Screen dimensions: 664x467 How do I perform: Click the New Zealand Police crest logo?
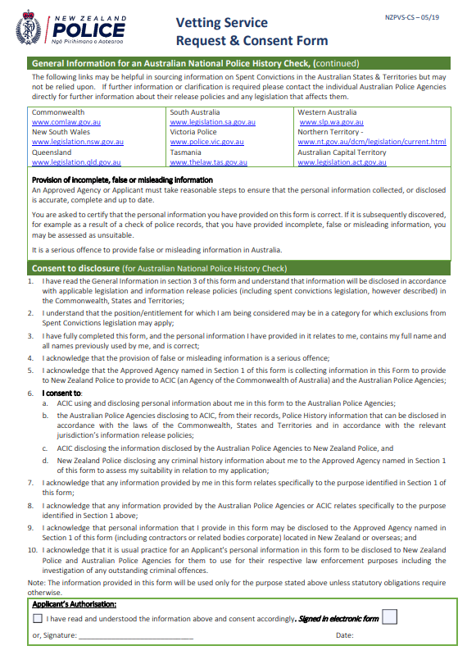pyautogui.click(x=29, y=30)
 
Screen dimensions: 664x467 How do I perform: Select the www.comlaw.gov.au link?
pyautogui.click(x=66, y=122)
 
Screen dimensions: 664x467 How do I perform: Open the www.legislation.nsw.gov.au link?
pyautogui.click(x=78, y=142)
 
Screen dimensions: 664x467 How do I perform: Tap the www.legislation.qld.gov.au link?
pyautogui.click(x=76, y=162)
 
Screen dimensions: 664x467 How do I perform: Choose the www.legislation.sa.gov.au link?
pyautogui.click(x=213, y=122)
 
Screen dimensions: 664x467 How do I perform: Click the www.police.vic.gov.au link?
pyautogui.click(x=208, y=142)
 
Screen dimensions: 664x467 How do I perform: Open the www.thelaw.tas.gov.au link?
pyautogui.click(x=208, y=162)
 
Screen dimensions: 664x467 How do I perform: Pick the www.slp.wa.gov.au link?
pyautogui.click(x=329, y=122)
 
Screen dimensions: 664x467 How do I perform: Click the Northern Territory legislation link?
pyautogui.click(x=371, y=142)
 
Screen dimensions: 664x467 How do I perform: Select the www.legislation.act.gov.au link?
pyautogui.click(x=342, y=162)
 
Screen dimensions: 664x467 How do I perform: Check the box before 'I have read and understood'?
pyautogui.click(x=38, y=619)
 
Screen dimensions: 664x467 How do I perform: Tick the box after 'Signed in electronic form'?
pyautogui.click(x=390, y=616)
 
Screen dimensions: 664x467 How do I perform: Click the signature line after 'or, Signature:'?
pyautogui.click(x=136, y=636)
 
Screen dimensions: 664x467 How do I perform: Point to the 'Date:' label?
pyautogui.click(x=345, y=635)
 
